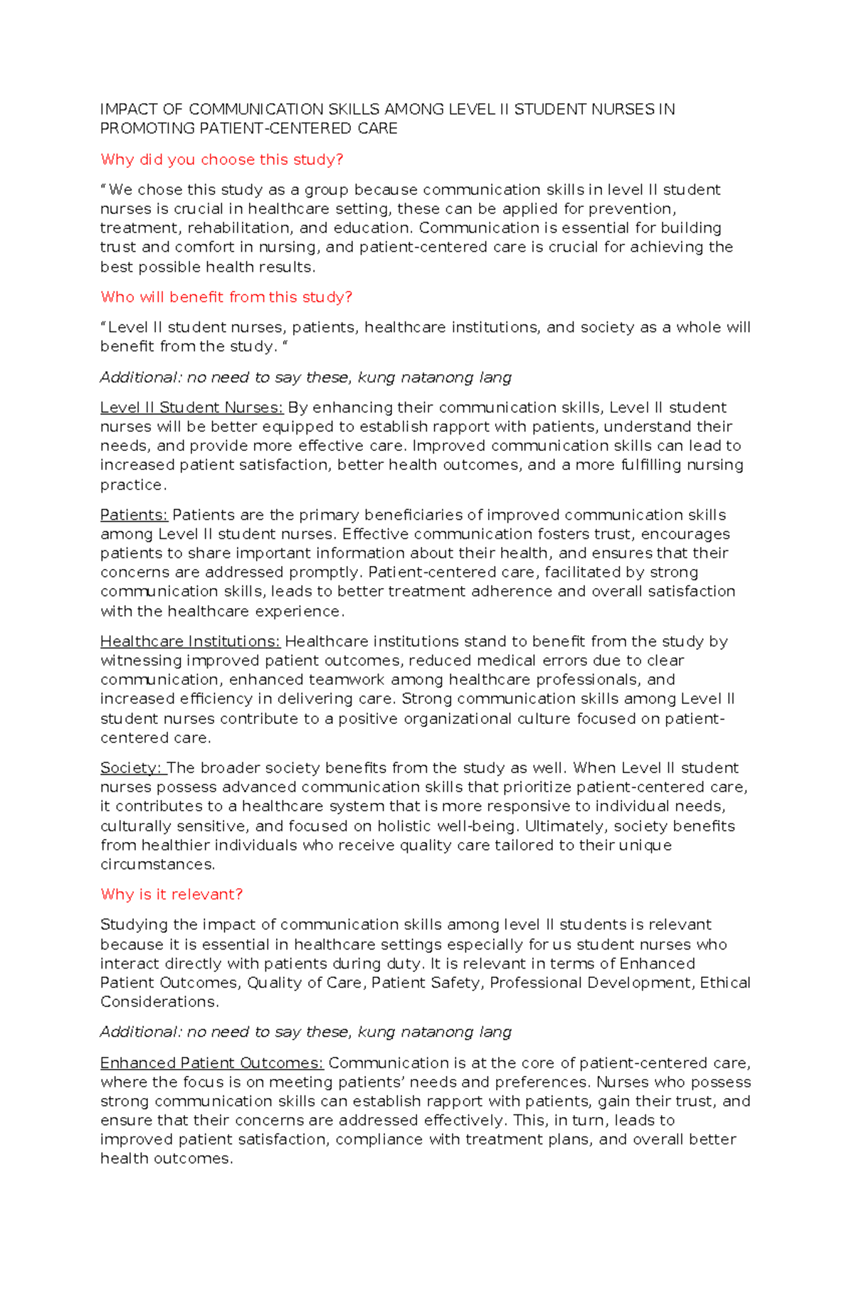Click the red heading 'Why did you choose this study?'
click(221, 160)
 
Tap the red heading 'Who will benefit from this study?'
click(226, 297)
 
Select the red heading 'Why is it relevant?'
click(172, 895)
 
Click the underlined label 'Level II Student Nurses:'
click(191, 408)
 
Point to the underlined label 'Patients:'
click(134, 515)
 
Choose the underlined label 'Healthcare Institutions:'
click(190, 641)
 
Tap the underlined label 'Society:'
click(132, 768)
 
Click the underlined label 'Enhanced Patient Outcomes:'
click(211, 1063)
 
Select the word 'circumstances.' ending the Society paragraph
click(157, 865)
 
